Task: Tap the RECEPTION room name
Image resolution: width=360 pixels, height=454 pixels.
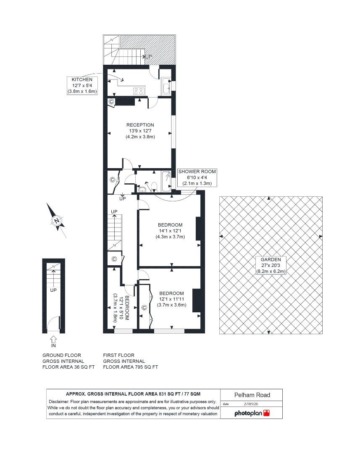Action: click(140, 125)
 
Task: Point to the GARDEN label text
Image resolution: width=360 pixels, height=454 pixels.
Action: click(271, 259)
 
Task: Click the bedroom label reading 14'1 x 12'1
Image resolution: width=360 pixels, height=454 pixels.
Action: click(170, 230)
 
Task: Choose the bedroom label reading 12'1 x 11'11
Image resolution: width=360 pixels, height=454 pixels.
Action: click(171, 299)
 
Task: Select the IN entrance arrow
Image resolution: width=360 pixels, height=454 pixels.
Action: click(53, 339)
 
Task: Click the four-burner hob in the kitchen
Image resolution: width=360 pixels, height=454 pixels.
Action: click(139, 90)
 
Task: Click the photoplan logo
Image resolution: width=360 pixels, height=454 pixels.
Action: click(252, 413)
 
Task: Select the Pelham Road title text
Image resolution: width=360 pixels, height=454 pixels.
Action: click(252, 395)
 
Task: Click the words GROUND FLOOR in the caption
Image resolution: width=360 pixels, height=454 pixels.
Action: click(62, 355)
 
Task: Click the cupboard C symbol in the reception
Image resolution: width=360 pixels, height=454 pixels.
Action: click(111, 101)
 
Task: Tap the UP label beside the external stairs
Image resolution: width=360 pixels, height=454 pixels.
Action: click(149, 56)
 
